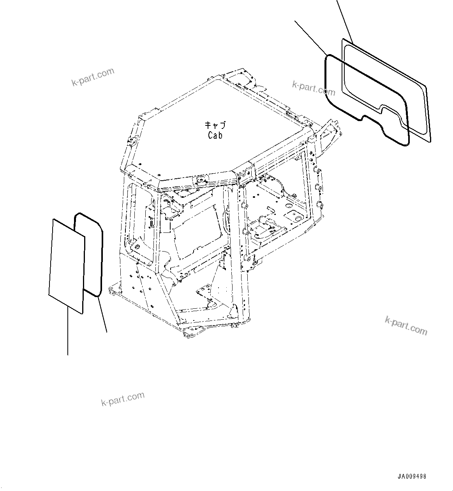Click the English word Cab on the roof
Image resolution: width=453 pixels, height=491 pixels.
(x=215, y=136)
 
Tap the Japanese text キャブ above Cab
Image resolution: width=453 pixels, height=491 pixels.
(x=215, y=126)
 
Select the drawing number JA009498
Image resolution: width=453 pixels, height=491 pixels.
(x=412, y=477)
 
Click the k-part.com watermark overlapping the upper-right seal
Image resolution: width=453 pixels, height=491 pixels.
(x=313, y=88)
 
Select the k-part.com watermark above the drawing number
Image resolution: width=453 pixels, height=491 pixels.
(x=406, y=326)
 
